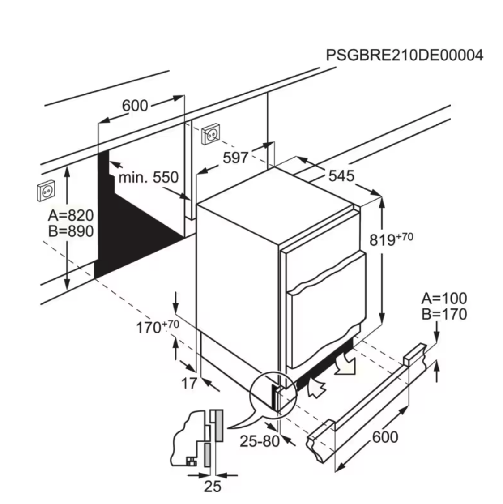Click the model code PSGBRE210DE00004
pyautogui.click(x=405, y=55)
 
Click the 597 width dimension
pyautogui.click(x=235, y=158)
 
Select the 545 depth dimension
pyautogui.click(x=341, y=176)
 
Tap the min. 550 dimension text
pyautogui.click(x=149, y=177)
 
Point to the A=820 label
pyautogui.click(x=71, y=215)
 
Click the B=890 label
pyautogui.click(x=71, y=231)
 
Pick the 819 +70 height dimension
pyautogui.click(x=391, y=239)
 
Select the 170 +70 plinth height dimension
pyautogui.click(x=158, y=327)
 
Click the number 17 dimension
pyautogui.click(x=189, y=384)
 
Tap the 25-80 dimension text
pyautogui.click(x=260, y=441)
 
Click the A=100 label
pyautogui.click(x=444, y=299)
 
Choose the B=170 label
pyautogui.click(x=444, y=314)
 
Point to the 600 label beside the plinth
pyautogui.click(x=385, y=437)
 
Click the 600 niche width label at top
pyautogui.click(x=135, y=106)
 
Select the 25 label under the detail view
pyautogui.click(x=213, y=487)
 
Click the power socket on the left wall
pyautogui.click(x=46, y=191)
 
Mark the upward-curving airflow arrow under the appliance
pyautogui.click(x=316, y=387)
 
